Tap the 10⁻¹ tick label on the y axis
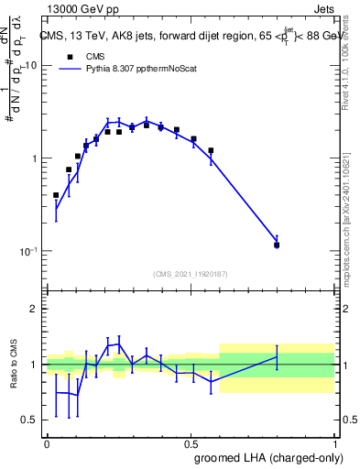[x=27, y=252]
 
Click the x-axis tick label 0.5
[x=191, y=443]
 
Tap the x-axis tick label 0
[x=47, y=443]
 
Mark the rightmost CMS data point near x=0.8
[x=277, y=245]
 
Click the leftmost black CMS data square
[x=56, y=195]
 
